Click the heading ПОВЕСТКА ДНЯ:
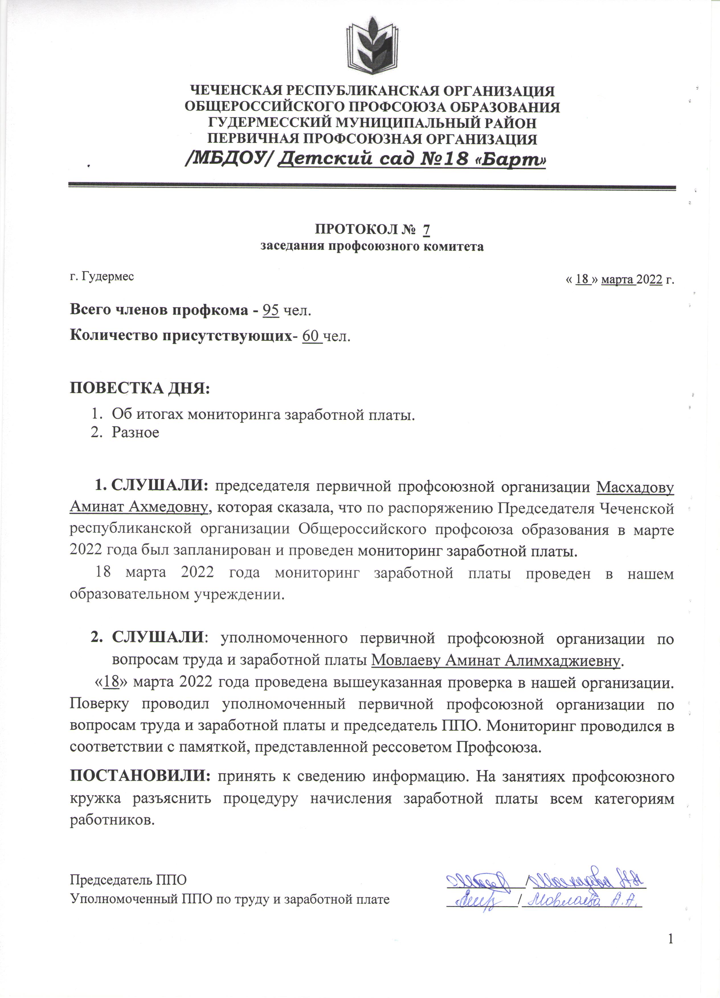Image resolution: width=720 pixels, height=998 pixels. coord(140,388)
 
